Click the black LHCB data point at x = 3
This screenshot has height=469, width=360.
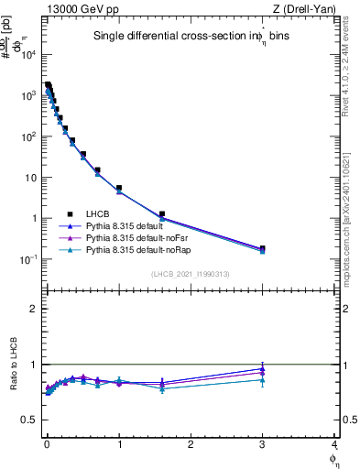(262, 248)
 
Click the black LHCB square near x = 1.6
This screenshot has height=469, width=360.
(162, 214)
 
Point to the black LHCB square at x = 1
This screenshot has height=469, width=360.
(119, 188)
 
